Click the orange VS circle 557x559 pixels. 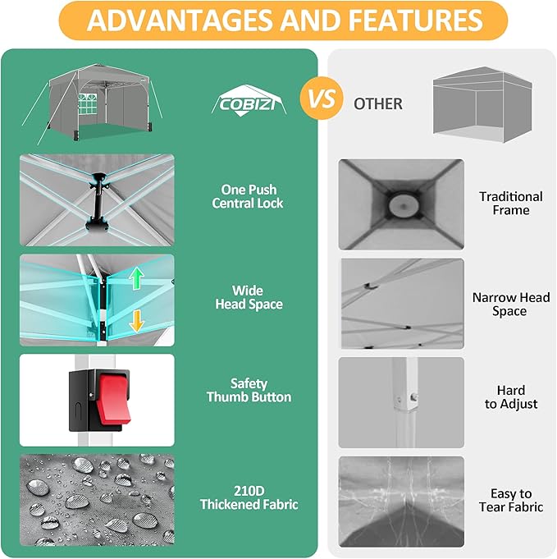321,100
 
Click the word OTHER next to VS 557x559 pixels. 378,104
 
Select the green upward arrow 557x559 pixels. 136,280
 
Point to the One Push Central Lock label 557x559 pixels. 248,196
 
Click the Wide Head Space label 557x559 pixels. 248,297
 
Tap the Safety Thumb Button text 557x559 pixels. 249,390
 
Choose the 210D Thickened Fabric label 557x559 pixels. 248,498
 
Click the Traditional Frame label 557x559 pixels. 510,203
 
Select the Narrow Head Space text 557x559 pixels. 510,304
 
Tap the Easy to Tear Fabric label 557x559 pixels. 510,500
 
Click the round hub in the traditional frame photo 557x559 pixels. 401,204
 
